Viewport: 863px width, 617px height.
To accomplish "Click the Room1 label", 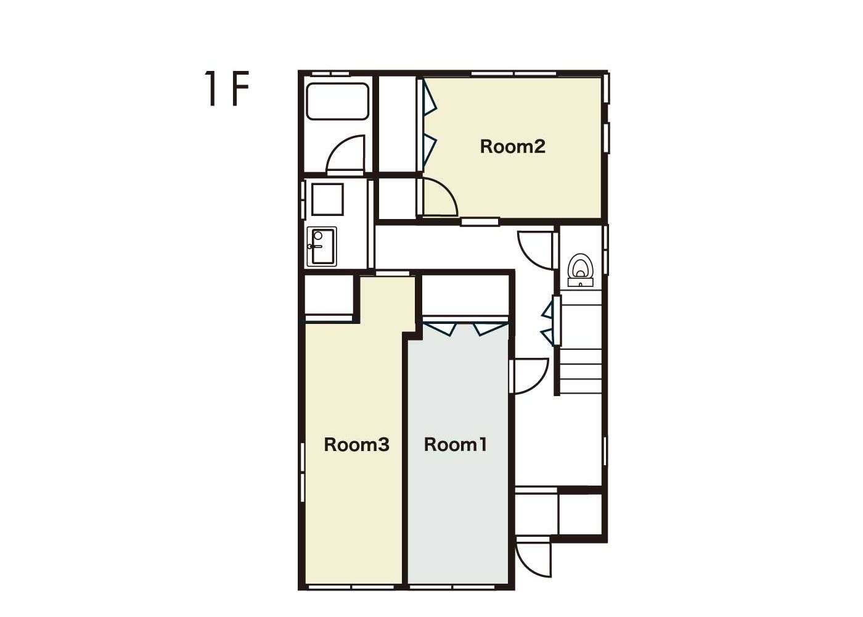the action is click(x=456, y=445).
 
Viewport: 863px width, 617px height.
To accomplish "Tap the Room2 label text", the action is click(x=512, y=147).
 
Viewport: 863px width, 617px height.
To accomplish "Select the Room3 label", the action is click(x=356, y=445).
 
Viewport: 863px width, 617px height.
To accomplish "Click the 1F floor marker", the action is click(x=227, y=88).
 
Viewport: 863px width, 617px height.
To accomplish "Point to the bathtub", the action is click(x=338, y=101).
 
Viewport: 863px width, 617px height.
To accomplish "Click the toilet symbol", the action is click(x=580, y=270).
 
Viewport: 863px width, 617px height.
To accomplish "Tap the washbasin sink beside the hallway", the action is click(x=322, y=246).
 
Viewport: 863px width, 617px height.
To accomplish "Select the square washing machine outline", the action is click(x=327, y=199).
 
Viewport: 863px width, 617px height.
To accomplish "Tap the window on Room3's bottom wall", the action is click(x=351, y=587).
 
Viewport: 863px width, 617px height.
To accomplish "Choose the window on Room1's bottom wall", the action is click(x=452, y=587).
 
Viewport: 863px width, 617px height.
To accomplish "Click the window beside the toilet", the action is click(x=605, y=250).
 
